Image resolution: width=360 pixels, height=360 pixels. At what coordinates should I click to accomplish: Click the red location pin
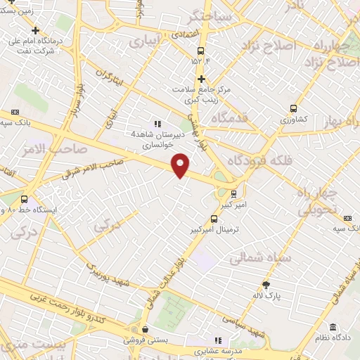pos(181,164)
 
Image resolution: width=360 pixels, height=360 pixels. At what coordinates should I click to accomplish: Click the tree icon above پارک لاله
pos(266,285)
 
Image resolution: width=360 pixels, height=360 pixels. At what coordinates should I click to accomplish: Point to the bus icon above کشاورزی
pos(293,109)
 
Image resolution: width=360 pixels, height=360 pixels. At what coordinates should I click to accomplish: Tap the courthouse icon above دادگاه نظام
pos(332,328)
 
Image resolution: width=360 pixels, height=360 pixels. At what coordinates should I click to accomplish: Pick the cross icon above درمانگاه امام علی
pos(36,30)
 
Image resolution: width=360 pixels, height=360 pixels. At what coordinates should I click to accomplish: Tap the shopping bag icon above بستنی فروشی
pos(144,329)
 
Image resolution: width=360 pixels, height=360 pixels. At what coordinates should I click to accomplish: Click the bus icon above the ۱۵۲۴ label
pos(201,51)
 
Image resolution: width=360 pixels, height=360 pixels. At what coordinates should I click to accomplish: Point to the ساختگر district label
pos(202,15)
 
